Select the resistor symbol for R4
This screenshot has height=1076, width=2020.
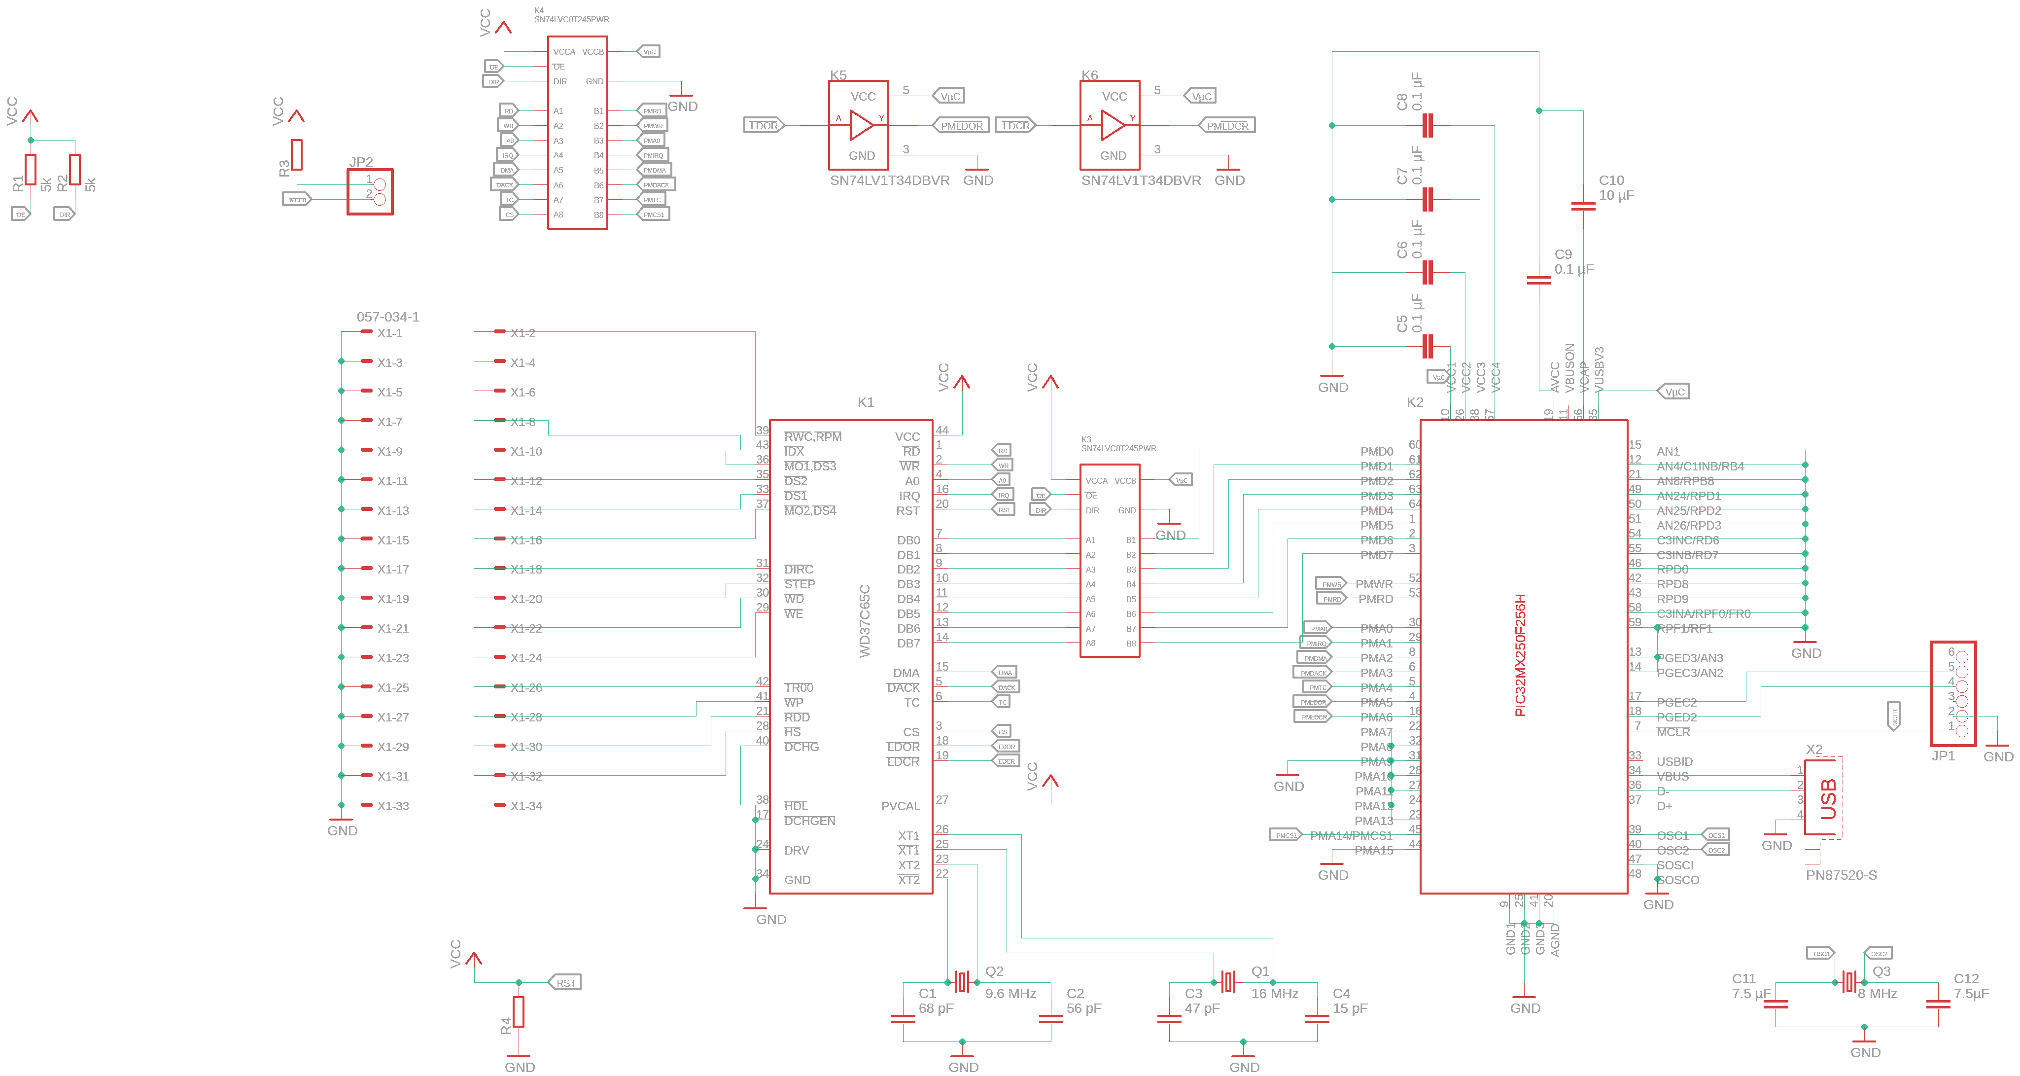coord(519,1012)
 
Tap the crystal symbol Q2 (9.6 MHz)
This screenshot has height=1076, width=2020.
coord(962,981)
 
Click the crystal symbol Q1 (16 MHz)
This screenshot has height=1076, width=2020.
coord(1228,981)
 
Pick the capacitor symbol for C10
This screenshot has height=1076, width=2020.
coord(1583,206)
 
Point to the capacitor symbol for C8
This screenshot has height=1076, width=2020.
coord(1427,125)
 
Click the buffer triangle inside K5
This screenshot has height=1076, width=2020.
coord(861,125)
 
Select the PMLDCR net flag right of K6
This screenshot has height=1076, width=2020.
coord(1227,125)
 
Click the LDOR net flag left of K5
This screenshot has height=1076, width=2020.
coord(764,125)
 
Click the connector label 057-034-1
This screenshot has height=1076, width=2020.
coord(388,317)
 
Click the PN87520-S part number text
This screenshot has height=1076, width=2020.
coord(1841,875)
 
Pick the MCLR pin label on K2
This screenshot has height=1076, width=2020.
coord(1672,732)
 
